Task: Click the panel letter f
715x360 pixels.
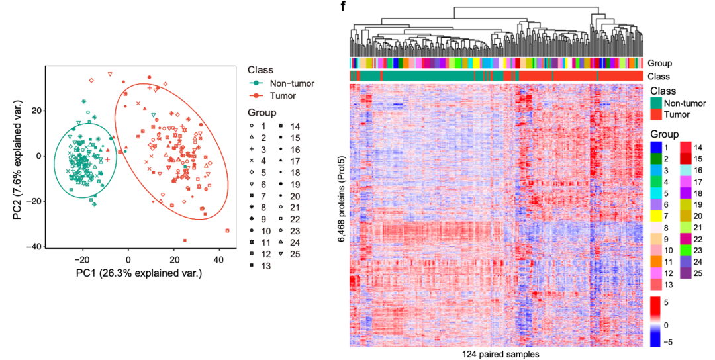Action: [343, 7]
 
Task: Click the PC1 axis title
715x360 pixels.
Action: [138, 273]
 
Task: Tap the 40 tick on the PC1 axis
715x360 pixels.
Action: [219, 261]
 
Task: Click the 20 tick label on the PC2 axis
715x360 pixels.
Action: [36, 111]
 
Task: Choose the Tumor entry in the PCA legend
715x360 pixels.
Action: [272, 96]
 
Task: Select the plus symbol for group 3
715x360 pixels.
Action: [252, 150]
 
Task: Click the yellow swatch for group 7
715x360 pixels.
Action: [655, 216]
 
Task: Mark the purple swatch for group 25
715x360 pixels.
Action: [686, 273]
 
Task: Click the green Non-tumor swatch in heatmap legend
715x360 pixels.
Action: [655, 103]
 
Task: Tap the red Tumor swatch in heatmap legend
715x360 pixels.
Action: [655, 115]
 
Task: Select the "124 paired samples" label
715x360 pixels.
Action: [501, 354]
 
